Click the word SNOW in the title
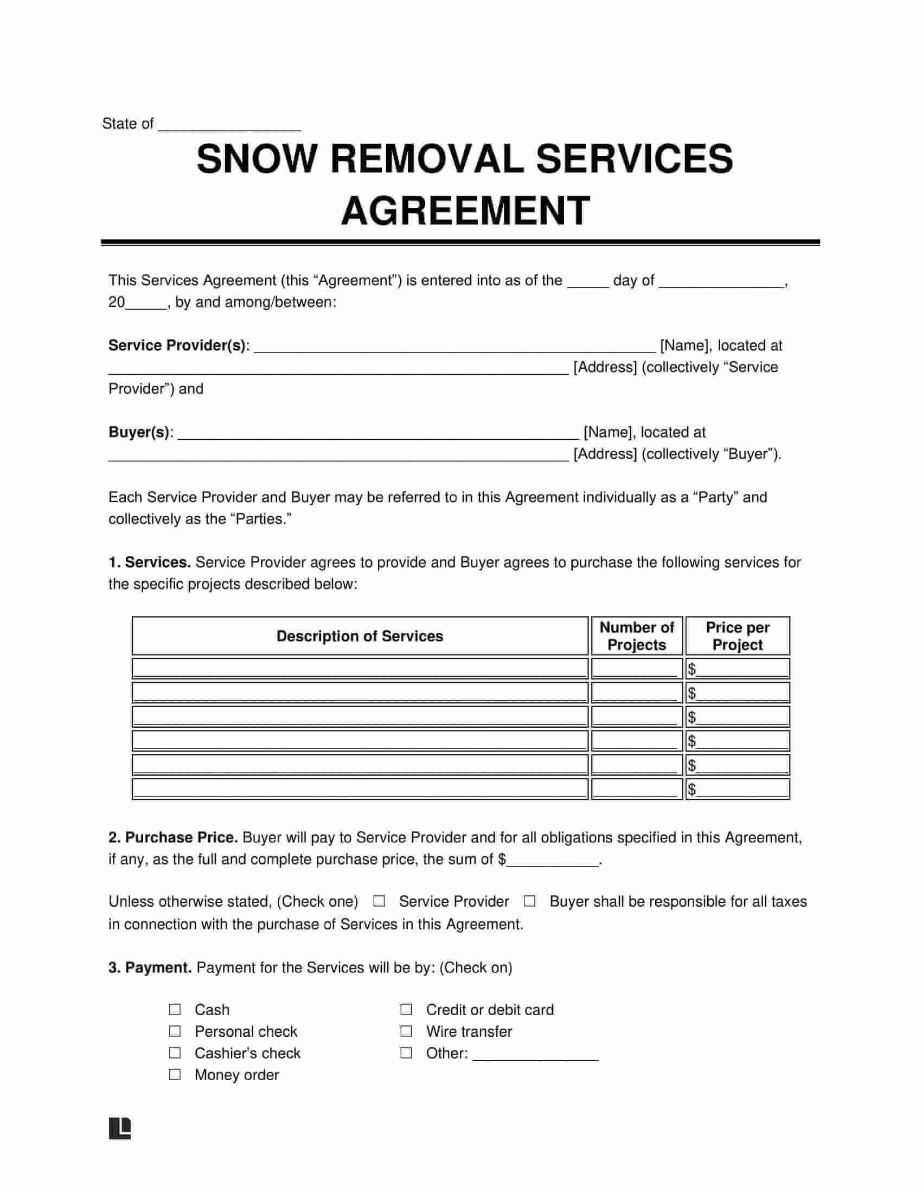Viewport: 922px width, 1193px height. [x=257, y=159]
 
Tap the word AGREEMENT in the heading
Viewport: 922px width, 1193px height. [x=465, y=210]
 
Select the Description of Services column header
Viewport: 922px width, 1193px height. [x=360, y=636]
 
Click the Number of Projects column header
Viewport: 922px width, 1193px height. [x=636, y=636]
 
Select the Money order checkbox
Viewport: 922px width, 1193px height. [x=175, y=1074]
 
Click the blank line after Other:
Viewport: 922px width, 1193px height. [x=535, y=1055]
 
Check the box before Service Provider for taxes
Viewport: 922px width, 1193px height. [x=379, y=901]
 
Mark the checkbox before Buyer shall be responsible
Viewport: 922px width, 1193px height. [x=529, y=901]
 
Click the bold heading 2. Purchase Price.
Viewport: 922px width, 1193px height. [x=172, y=837]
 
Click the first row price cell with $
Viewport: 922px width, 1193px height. [x=738, y=669]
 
